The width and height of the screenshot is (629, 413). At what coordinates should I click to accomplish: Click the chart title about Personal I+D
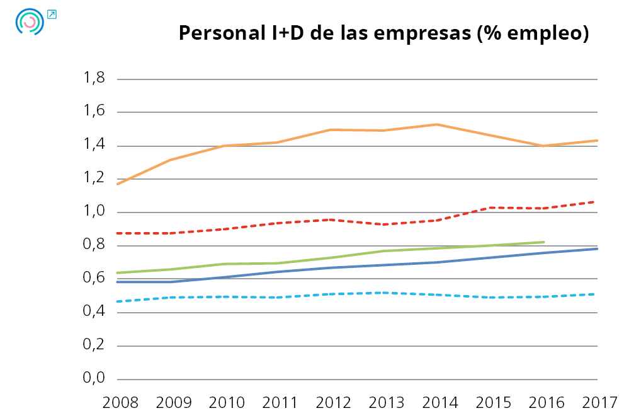[x=383, y=33]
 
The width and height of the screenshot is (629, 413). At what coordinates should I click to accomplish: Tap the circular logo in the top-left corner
[x=29, y=21]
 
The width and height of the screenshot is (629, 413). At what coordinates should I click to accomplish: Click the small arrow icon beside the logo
[x=52, y=14]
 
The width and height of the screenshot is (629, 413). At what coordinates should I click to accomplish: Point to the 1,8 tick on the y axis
[x=93, y=79]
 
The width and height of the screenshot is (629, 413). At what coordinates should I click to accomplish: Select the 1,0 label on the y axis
[x=93, y=212]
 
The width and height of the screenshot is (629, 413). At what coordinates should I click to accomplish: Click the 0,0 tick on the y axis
[x=93, y=379]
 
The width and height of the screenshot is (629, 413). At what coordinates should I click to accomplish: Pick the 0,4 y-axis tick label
[x=93, y=312]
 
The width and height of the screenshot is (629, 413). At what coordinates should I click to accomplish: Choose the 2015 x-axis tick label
[x=490, y=401]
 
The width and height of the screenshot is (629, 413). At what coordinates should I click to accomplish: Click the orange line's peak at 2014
[x=437, y=124]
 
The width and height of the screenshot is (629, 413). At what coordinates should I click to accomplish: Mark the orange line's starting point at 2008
[x=118, y=183]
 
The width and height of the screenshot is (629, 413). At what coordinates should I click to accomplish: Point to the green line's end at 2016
[x=543, y=242]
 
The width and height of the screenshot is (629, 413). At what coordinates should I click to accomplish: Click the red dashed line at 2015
[x=490, y=207]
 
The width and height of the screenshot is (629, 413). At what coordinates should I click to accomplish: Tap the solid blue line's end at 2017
[x=596, y=249]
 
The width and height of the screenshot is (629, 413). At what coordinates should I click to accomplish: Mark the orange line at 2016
[x=543, y=146]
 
